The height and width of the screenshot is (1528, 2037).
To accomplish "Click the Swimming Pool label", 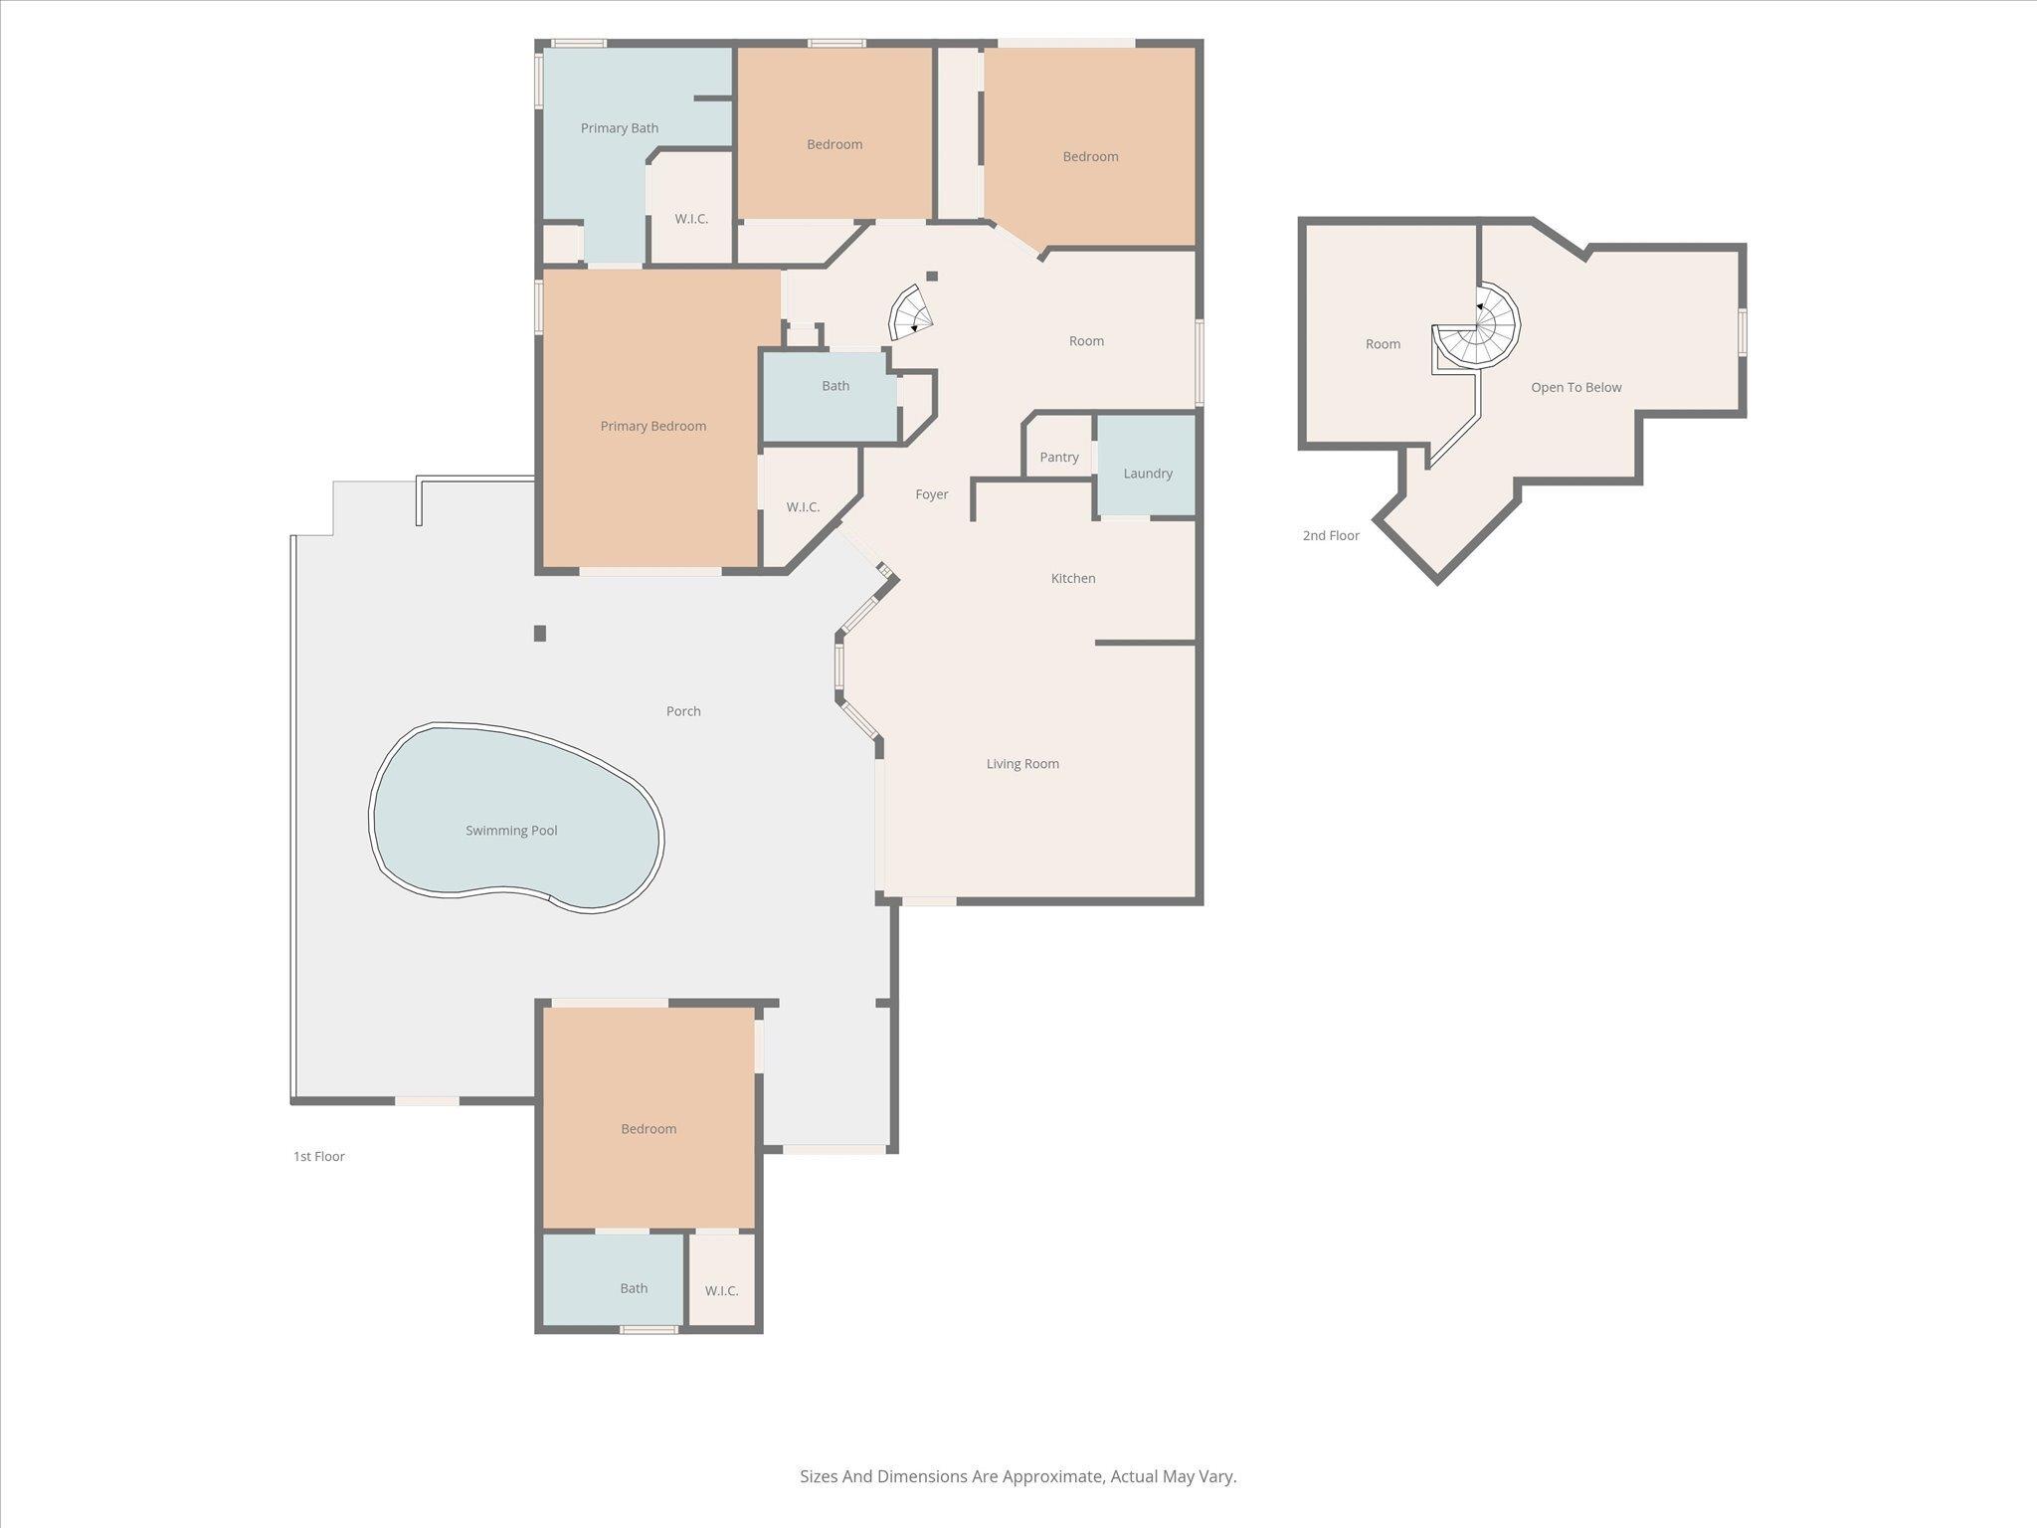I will coord(511,831).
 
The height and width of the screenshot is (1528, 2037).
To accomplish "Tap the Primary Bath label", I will coord(619,128).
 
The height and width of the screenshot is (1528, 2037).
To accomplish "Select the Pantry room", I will coord(1058,457).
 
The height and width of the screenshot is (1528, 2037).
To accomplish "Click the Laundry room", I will coord(1147,473).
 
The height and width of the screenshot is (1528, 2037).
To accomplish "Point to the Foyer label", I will coord(931,494).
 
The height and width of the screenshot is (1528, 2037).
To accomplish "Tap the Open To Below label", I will coord(1575,388).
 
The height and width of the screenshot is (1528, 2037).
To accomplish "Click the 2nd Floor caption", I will coord(1330,535).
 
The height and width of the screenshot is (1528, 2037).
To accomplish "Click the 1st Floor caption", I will coord(318,1156).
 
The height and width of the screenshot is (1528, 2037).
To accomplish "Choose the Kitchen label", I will coord(1072,578).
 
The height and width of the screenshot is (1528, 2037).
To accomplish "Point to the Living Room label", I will coord(1021,764).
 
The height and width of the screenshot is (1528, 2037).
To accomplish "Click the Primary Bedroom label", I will coord(652,426).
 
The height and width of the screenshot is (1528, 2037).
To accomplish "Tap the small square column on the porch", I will coord(540,633).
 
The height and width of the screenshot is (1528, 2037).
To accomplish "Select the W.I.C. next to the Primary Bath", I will coord(690,219).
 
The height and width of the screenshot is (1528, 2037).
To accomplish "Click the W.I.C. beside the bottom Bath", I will coord(721,1290).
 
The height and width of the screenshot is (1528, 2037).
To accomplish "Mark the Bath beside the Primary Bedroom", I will coord(834,386).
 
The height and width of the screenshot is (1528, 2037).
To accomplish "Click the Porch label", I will coord(682,711).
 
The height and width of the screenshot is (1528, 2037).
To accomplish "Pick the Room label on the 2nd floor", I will coord(1382,344).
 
